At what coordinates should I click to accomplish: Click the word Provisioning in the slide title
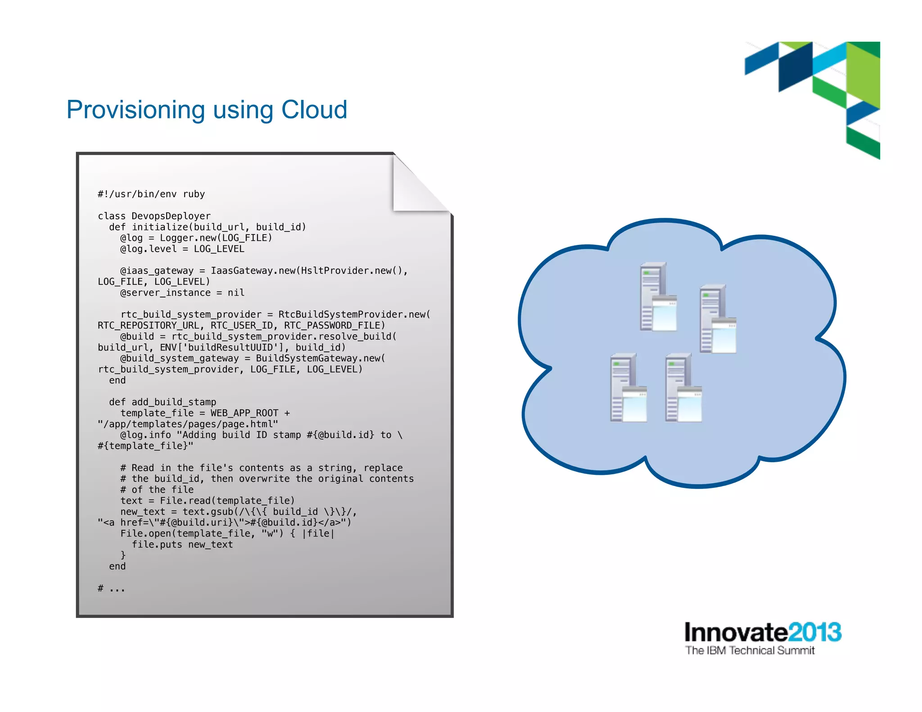coord(136,110)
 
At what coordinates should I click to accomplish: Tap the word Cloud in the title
coord(314,109)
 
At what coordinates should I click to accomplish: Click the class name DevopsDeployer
coord(171,216)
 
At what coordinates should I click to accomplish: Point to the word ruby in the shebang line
coord(194,194)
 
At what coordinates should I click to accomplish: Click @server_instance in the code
coord(165,293)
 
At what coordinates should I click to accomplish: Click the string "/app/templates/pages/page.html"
coord(188,424)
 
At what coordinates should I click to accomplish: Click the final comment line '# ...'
coord(111,588)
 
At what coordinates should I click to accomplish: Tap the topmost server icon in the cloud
coord(658,297)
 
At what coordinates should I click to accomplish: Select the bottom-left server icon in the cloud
coord(628,388)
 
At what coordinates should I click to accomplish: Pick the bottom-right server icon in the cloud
coord(683,388)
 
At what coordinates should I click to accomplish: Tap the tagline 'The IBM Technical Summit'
coord(750,651)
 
